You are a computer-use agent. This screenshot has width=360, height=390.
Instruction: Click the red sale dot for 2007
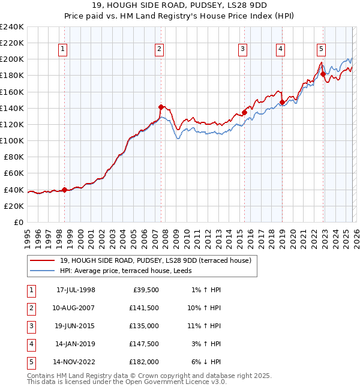tap(161, 107)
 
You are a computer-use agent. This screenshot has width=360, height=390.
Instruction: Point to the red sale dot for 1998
tap(65, 190)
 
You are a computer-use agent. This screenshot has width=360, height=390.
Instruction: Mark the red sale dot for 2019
tap(282, 103)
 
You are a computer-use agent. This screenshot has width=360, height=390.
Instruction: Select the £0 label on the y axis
tap(18, 222)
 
